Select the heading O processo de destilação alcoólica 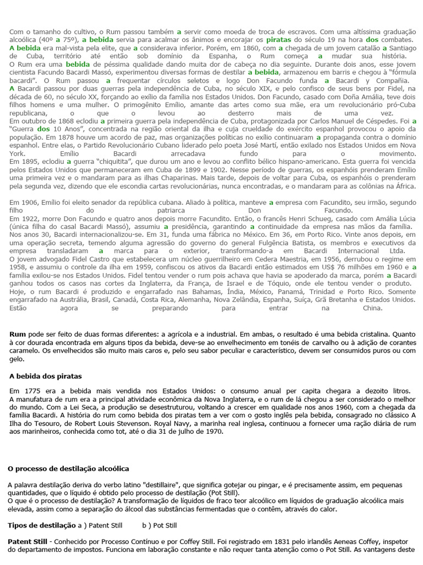tap(68, 468)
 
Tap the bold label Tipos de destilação tap(41, 525)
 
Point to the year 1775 tap(32, 391)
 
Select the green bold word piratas tap(279, 40)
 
